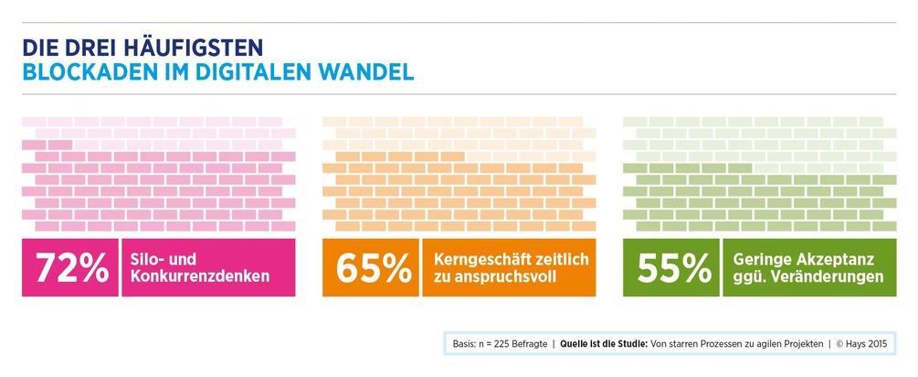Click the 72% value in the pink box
[71, 267]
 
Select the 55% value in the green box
[674, 267]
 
